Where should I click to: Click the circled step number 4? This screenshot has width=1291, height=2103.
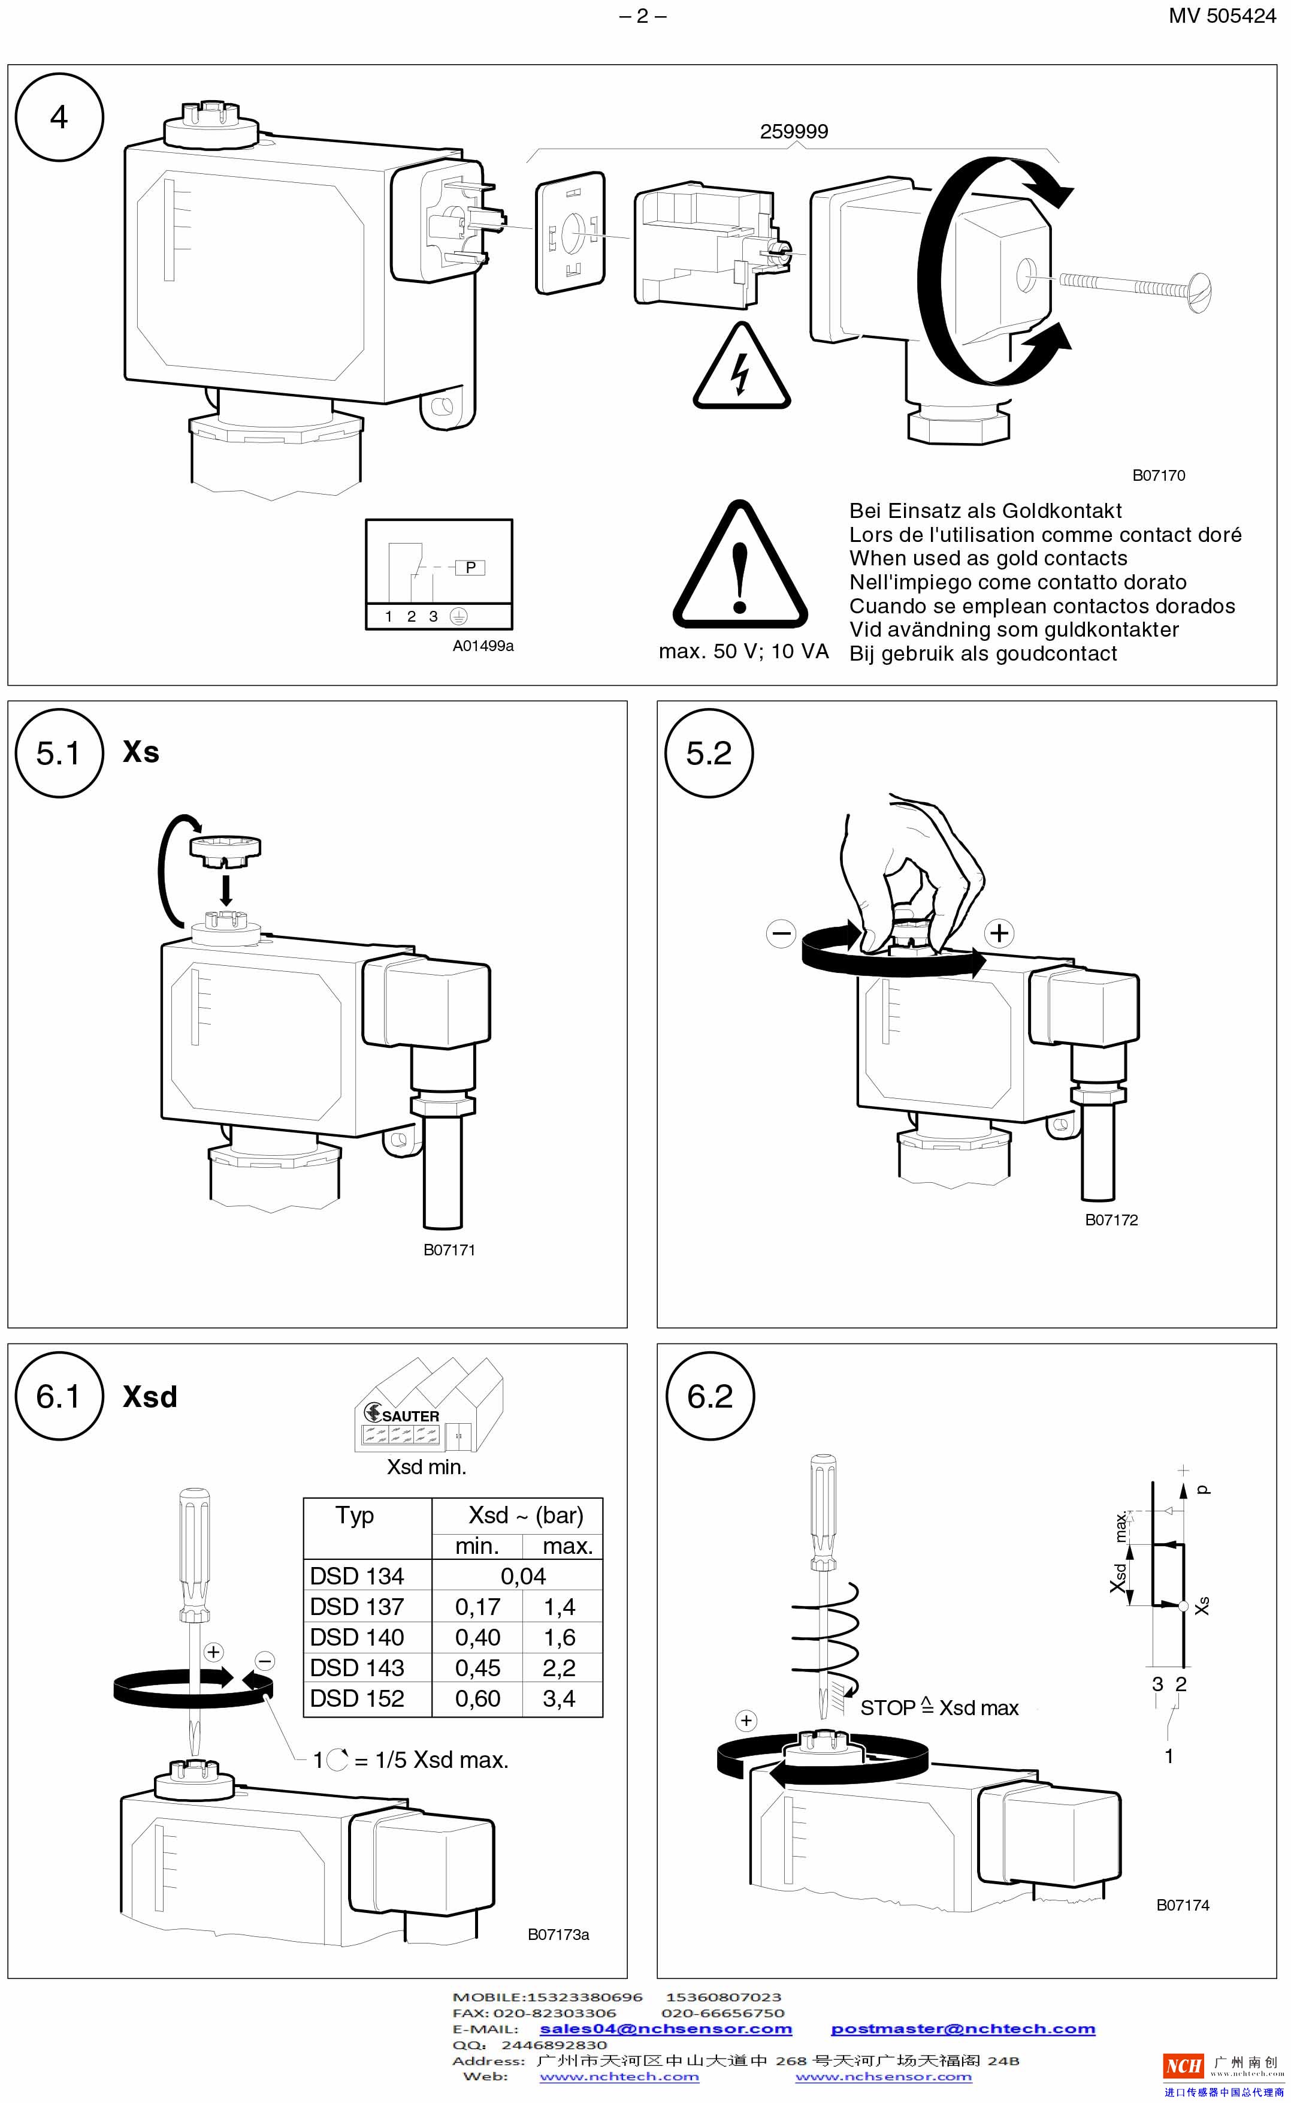pyautogui.click(x=59, y=117)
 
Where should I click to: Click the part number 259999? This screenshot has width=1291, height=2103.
pyautogui.click(x=793, y=131)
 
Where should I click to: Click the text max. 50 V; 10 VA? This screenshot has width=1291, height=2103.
pyautogui.click(x=743, y=652)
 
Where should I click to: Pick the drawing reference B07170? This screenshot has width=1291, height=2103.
pyautogui.click(x=1158, y=476)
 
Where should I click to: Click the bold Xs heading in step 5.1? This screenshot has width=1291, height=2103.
pyautogui.click(x=141, y=752)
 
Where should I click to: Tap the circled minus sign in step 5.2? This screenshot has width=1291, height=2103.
pyautogui.click(x=781, y=933)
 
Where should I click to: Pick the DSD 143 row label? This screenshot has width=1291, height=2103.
pyautogui.click(x=357, y=1667)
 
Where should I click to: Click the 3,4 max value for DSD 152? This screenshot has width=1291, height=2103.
pyautogui.click(x=560, y=1698)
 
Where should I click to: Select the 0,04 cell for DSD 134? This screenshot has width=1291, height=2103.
pyautogui.click(x=522, y=1576)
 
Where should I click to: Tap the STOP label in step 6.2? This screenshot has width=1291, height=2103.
pyautogui.click(x=887, y=1707)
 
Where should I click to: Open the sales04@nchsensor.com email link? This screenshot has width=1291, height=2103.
pyautogui.click(x=666, y=2029)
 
